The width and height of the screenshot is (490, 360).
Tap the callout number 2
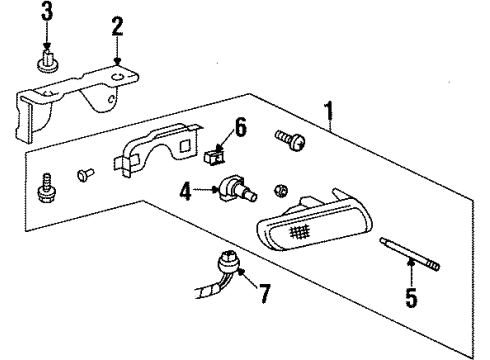point(117,25)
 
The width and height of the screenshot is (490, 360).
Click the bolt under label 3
point(48,65)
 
